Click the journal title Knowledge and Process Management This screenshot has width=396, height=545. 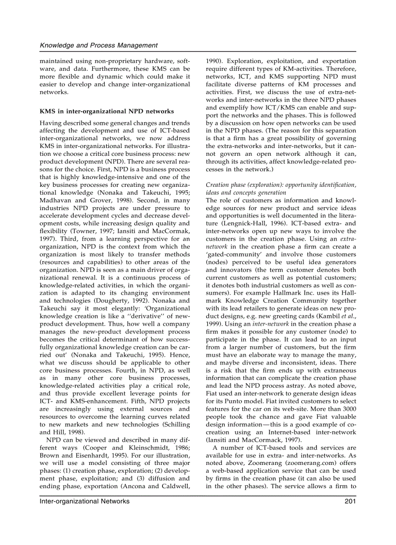coord(99,45)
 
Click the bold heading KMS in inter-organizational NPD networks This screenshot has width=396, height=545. coord(106,111)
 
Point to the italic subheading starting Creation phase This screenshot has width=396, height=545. coord(280,185)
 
